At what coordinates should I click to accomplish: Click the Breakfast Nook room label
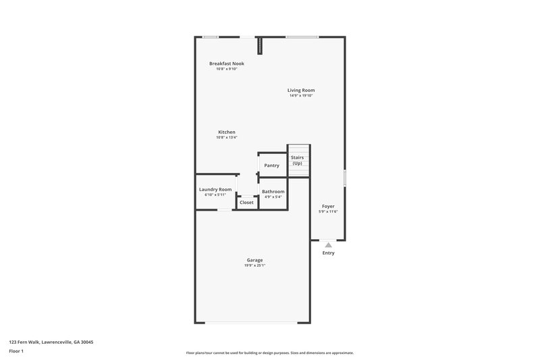pos(226,63)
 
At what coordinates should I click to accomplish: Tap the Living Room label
pos(301,90)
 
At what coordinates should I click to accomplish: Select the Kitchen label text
pos(227,132)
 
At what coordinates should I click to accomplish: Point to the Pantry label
pos(271,165)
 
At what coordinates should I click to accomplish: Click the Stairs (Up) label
pos(298,160)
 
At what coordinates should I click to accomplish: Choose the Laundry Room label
pos(215,190)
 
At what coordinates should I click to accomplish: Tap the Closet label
pos(247,203)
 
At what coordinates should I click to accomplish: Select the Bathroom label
pos(273,192)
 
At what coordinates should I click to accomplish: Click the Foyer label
pos(328,206)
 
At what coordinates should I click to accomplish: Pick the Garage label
pos(254,260)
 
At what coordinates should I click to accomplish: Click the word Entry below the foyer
pos(328,253)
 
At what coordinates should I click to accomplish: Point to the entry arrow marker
pos(328,245)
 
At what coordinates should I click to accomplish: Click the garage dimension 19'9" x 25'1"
pos(254,265)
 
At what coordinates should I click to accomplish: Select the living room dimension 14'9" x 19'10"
pos(301,96)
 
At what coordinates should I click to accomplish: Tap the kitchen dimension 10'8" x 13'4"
pos(227,137)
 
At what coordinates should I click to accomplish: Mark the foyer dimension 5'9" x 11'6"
pos(328,211)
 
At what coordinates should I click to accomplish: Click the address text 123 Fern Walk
pos(51,342)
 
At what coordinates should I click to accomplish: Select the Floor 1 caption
pos(16,351)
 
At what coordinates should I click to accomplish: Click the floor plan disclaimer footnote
pos(269,353)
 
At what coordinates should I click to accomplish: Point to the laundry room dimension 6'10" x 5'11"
pos(215,195)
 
